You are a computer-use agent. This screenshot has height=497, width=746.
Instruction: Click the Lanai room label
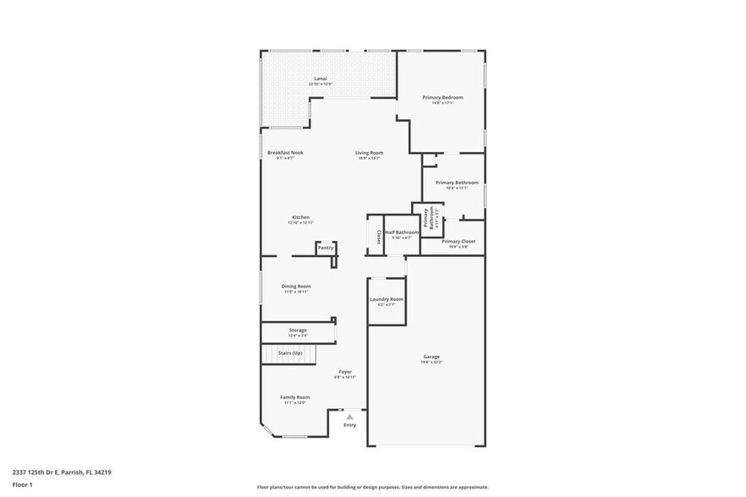coord(321,79)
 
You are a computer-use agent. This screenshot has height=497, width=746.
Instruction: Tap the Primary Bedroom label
coord(442,98)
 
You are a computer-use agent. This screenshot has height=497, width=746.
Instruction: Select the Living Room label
coord(369,153)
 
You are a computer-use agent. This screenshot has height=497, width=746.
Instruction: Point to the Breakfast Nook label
coord(285,153)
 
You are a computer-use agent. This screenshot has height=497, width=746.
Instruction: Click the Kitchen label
coord(300,217)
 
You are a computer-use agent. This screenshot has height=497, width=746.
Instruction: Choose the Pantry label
coord(325,248)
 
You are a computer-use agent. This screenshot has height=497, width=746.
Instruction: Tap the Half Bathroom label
coord(402,232)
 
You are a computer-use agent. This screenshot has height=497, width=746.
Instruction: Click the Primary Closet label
coord(458,242)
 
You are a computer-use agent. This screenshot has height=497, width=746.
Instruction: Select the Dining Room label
coord(296,287)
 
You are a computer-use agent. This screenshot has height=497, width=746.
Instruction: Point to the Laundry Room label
coord(387,299)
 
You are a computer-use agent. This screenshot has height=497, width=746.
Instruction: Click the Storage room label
coord(297,330)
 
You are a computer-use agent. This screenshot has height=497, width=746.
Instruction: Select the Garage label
coord(431,357)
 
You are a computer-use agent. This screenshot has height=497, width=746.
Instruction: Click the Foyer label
coord(345,372)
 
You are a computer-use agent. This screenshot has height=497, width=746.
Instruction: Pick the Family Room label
coord(295,397)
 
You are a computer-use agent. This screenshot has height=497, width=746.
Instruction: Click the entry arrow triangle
coord(349,417)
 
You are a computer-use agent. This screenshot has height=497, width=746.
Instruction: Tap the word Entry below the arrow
coord(349,425)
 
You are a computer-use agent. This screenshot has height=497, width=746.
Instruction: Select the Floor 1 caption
coord(22,485)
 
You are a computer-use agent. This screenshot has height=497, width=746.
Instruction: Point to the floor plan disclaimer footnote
coord(372,487)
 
